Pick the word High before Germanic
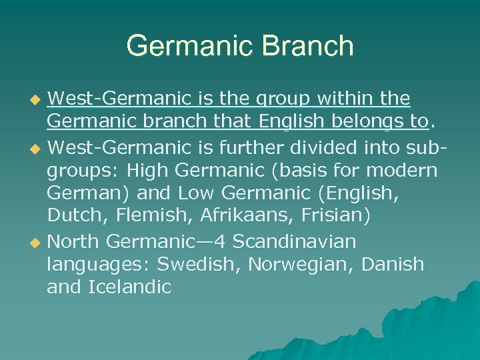(151, 170)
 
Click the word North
(74, 241)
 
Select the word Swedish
(198, 265)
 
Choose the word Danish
(393, 265)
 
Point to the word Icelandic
(130, 288)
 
